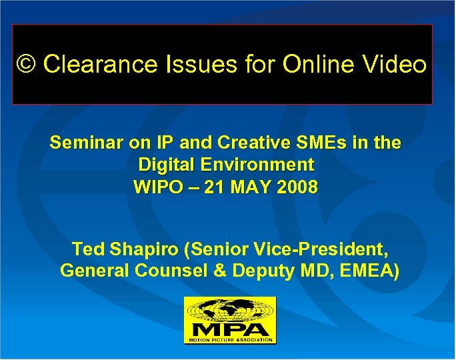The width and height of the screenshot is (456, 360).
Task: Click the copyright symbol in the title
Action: pos(27,65)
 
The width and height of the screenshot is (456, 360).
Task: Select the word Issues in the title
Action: pos(181,65)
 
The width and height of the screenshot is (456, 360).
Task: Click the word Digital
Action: pos(167,165)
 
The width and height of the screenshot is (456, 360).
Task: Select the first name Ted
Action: pos(87,250)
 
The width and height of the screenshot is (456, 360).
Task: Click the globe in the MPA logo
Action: pos(230,311)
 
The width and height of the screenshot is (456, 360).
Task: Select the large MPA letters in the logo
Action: pos(230,329)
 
